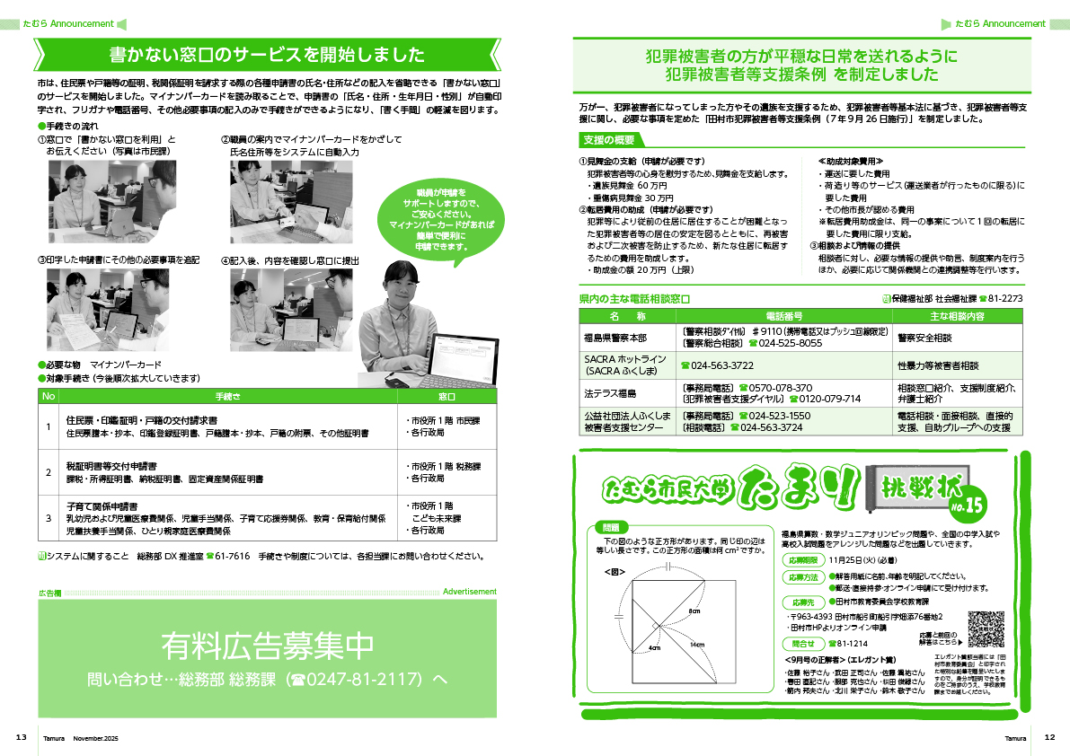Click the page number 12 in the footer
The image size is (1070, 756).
pos(1049,737)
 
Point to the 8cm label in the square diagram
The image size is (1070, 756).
pos(694,611)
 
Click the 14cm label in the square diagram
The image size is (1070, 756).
pos(697,645)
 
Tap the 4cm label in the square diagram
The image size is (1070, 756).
pos(654,647)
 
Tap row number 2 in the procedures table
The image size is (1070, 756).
pos(49,472)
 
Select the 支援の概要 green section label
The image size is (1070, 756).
pos(608,140)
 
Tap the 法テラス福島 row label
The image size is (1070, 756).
pos(610,392)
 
